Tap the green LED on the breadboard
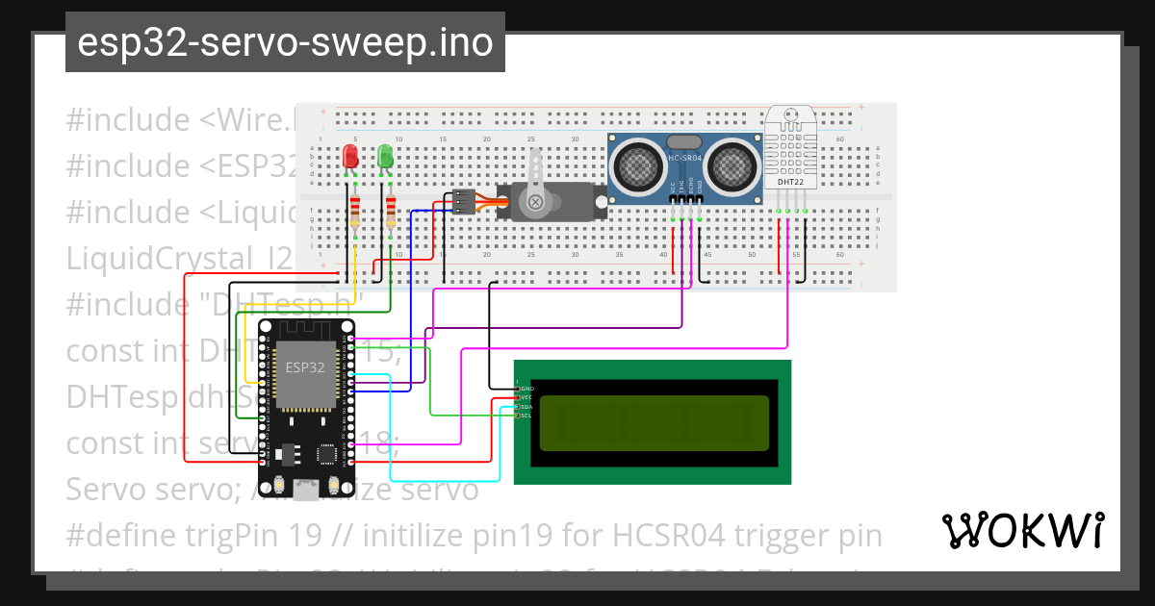pos(385,156)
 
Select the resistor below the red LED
pos(355,211)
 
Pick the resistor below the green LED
pos(391,211)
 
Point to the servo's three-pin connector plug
pos(465,201)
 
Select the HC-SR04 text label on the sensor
pos(684,158)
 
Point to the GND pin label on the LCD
pos(526,388)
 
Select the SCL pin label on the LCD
pos(526,417)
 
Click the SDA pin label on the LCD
pos(526,407)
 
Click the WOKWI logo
pos(1021,531)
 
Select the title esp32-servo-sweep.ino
pos(285,43)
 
